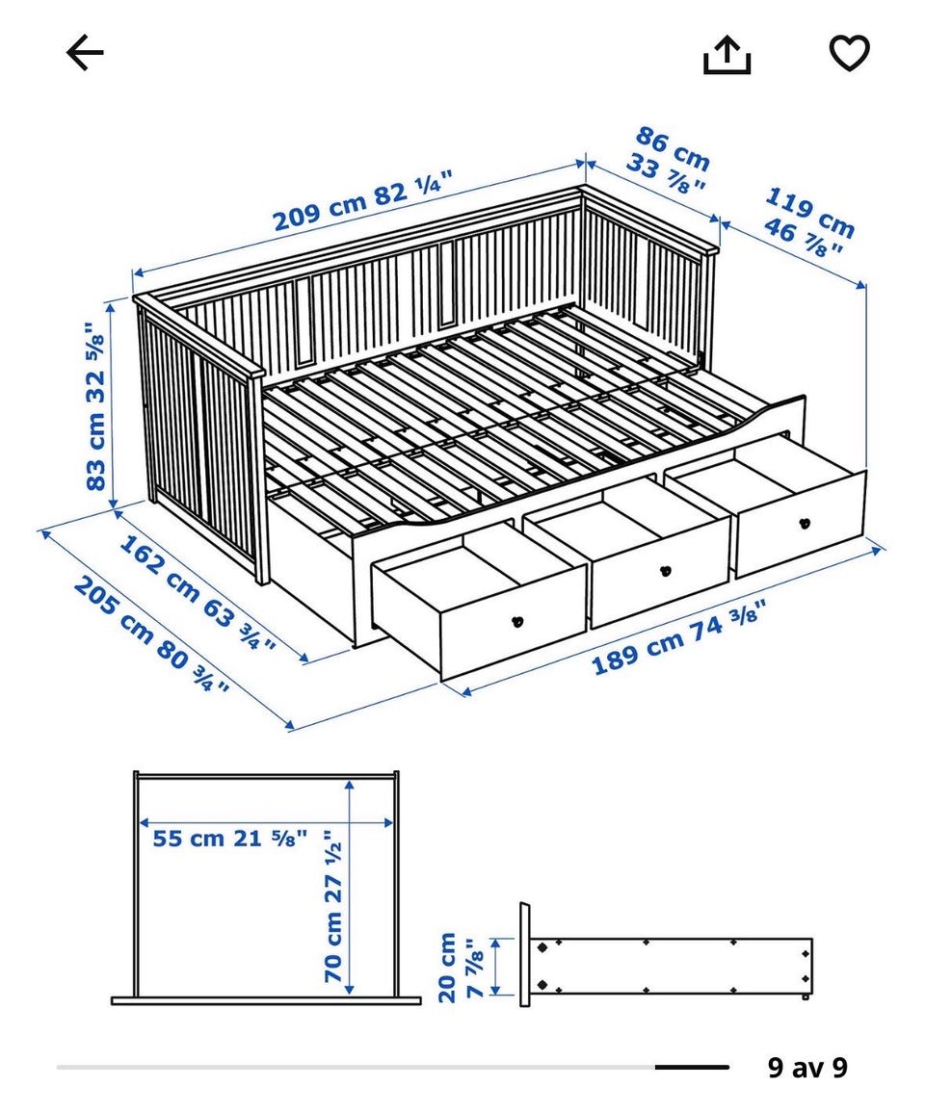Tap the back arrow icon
tap(85, 53)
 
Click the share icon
tap(727, 55)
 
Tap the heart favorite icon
tap(850, 53)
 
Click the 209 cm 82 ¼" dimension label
tap(363, 200)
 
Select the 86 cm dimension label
tap(668, 160)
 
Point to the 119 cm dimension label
tap(809, 222)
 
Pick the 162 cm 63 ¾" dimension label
tap(197, 593)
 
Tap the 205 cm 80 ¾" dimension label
tap(151, 634)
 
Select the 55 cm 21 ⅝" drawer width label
tap(230, 839)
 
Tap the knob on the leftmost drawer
tap(517, 622)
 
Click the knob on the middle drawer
tap(666, 569)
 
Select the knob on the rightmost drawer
tap(805, 524)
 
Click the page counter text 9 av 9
tap(807, 1067)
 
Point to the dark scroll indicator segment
tap(692, 1067)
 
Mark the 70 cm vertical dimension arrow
tap(349, 887)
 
